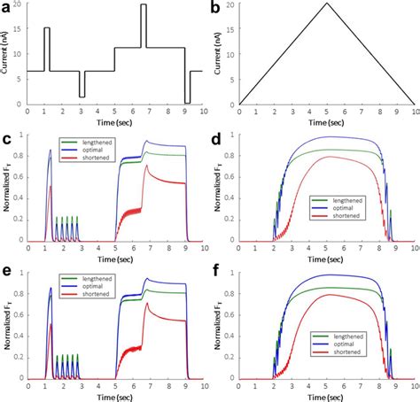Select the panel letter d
click(217, 139)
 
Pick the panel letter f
click(217, 274)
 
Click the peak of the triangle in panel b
click(327, 4)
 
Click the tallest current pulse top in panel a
click(144, 5)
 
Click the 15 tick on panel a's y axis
click(19, 29)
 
